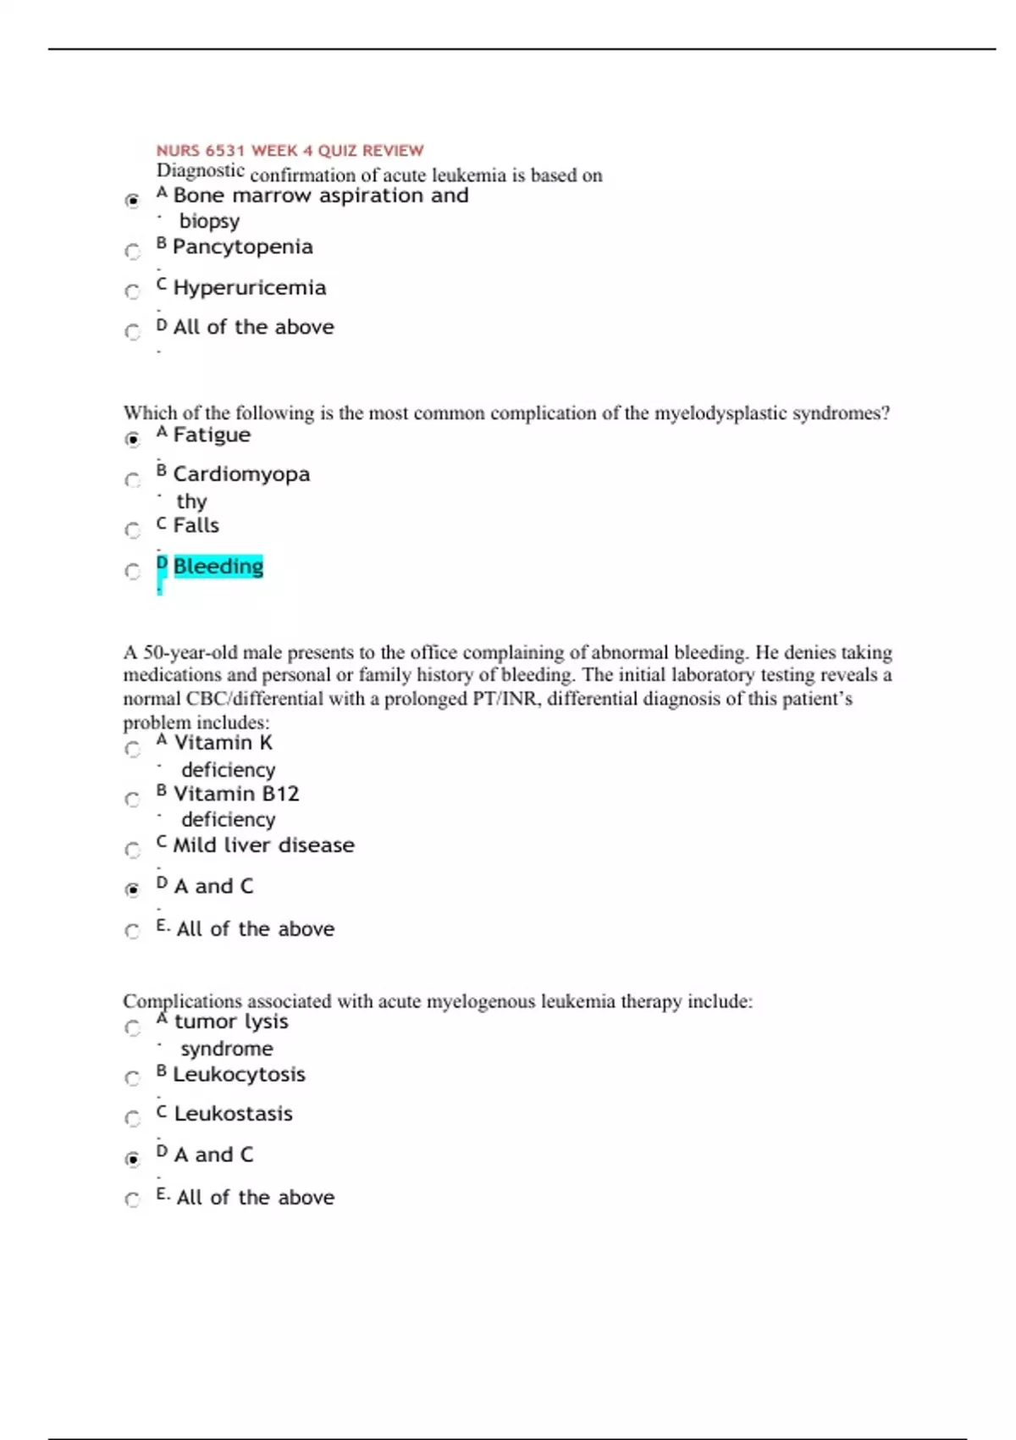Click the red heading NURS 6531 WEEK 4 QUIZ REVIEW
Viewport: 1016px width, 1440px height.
pyautogui.click(x=290, y=151)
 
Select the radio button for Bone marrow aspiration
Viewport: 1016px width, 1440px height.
pyautogui.click(x=133, y=201)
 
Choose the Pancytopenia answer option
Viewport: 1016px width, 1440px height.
pyautogui.click(x=242, y=246)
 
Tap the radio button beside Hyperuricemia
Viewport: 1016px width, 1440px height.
pyautogui.click(x=133, y=291)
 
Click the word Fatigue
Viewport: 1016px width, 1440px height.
pyautogui.click(x=212, y=435)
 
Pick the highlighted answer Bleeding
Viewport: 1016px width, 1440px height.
pyautogui.click(x=218, y=566)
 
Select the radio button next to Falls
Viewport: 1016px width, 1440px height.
pyautogui.click(x=133, y=530)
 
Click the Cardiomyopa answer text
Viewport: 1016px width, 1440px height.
pyautogui.click(x=241, y=474)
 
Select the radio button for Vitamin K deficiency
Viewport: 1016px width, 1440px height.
pyautogui.click(x=133, y=749)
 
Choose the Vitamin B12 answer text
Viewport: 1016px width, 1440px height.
pyautogui.click(x=236, y=794)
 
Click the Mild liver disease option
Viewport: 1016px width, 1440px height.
pyautogui.click(x=263, y=845)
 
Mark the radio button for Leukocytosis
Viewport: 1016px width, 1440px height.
pyautogui.click(x=133, y=1078)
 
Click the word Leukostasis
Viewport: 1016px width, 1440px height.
pyautogui.click(x=233, y=1114)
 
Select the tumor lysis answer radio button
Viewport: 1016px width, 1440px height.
pyautogui.click(x=133, y=1028)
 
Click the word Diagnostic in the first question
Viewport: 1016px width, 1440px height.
pyautogui.click(x=201, y=171)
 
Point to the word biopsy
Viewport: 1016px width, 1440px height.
pyautogui.click(x=209, y=221)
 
